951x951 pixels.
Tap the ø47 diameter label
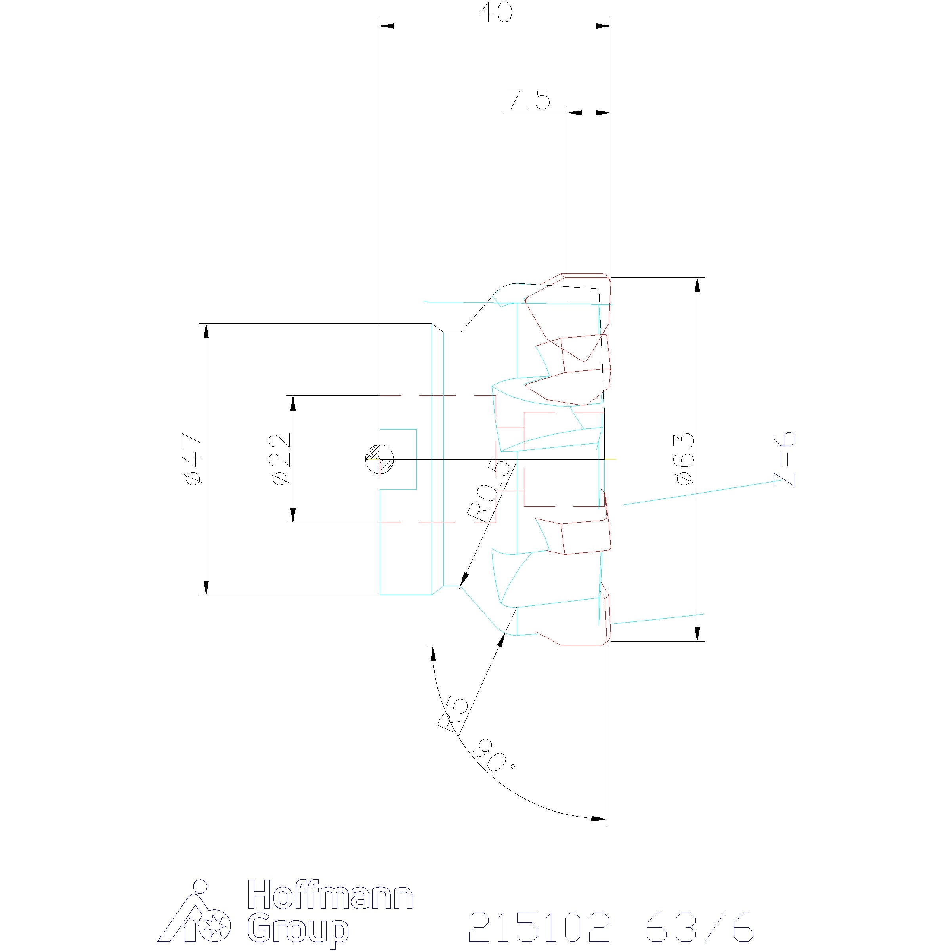click(x=193, y=459)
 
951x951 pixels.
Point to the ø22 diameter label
click(x=280, y=459)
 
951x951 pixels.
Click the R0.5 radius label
click(x=490, y=491)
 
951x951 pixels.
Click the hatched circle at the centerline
click(x=380, y=459)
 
